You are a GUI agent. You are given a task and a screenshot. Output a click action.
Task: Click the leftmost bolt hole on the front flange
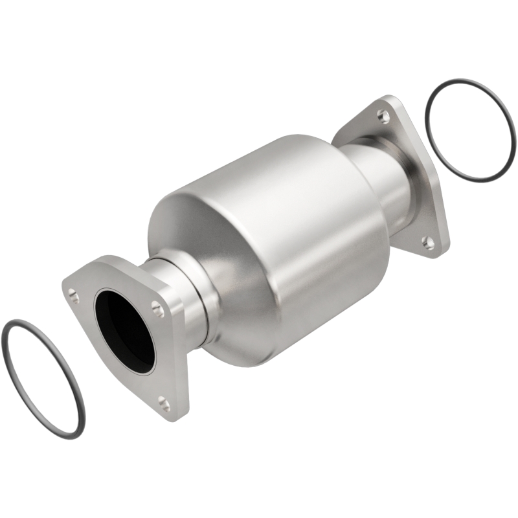click(74, 297)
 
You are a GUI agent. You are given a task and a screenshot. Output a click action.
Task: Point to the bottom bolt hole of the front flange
click(164, 405)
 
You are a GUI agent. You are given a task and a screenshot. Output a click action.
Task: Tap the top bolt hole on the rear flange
click(384, 116)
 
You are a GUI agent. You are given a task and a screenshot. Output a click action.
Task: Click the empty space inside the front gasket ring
click(42, 376)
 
